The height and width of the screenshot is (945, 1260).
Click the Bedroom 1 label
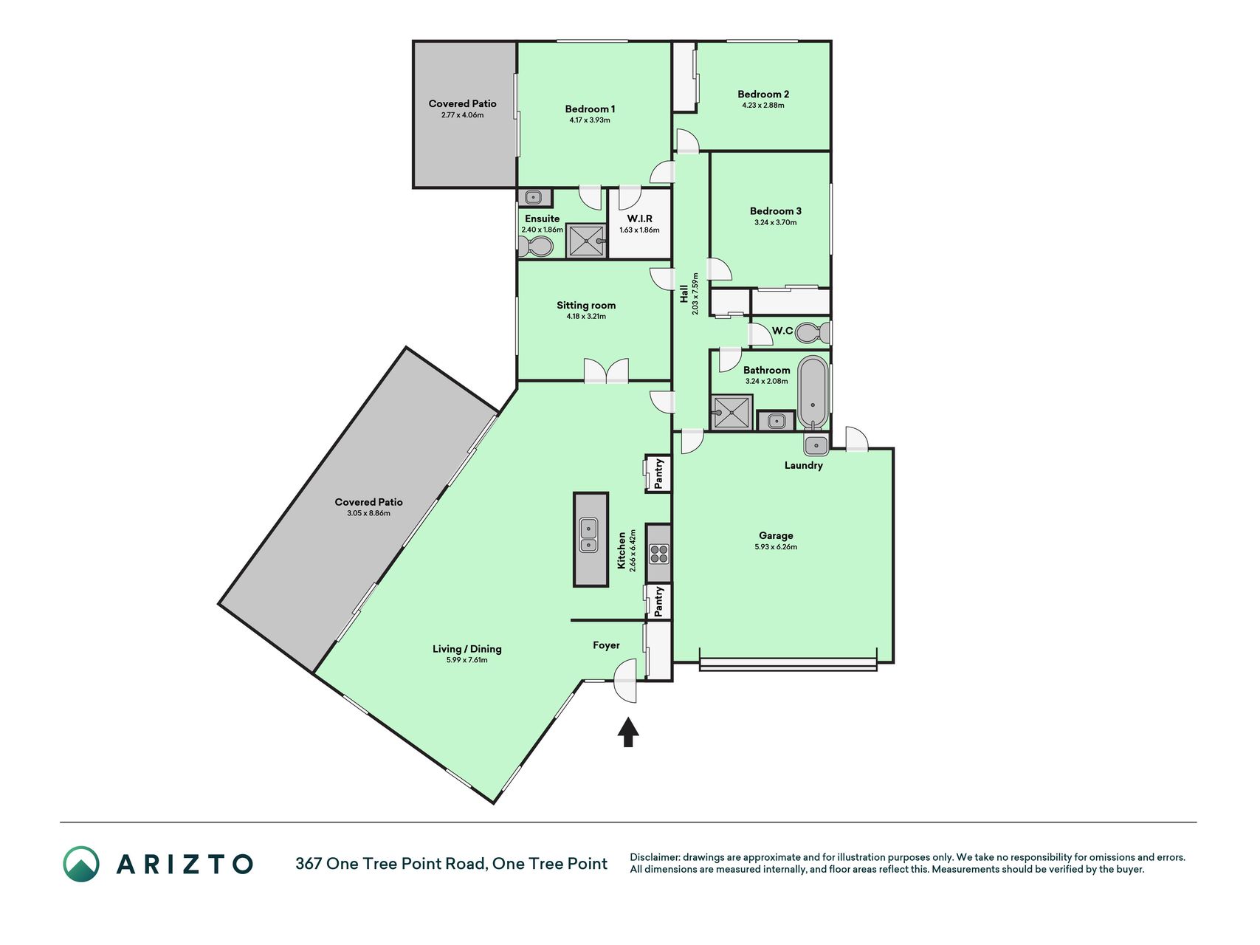[x=590, y=109]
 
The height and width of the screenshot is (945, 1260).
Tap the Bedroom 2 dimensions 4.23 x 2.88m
[x=763, y=106]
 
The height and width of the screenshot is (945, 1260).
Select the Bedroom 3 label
[x=775, y=211]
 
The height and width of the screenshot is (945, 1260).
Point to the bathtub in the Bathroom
[x=813, y=393]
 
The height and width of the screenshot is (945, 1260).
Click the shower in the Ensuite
[x=587, y=241]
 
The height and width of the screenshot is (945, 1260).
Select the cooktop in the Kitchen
[x=658, y=553]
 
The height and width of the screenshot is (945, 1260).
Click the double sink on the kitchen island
[x=588, y=536]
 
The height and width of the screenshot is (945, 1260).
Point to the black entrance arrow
[x=628, y=732]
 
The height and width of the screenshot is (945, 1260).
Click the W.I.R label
[x=639, y=219]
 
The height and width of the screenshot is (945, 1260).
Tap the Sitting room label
[x=586, y=306]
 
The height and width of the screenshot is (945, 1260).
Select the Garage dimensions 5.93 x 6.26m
[x=776, y=547]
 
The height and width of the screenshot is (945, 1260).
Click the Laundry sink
[x=816, y=444]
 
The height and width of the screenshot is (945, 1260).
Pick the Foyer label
[x=606, y=645]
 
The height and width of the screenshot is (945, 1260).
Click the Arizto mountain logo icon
[x=81, y=864]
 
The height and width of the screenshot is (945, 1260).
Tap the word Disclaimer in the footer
[x=654, y=857]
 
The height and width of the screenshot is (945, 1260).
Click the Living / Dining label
[x=467, y=649]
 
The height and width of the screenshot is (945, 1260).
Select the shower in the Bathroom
[x=731, y=412]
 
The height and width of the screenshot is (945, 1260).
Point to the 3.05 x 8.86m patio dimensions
[x=368, y=513]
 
